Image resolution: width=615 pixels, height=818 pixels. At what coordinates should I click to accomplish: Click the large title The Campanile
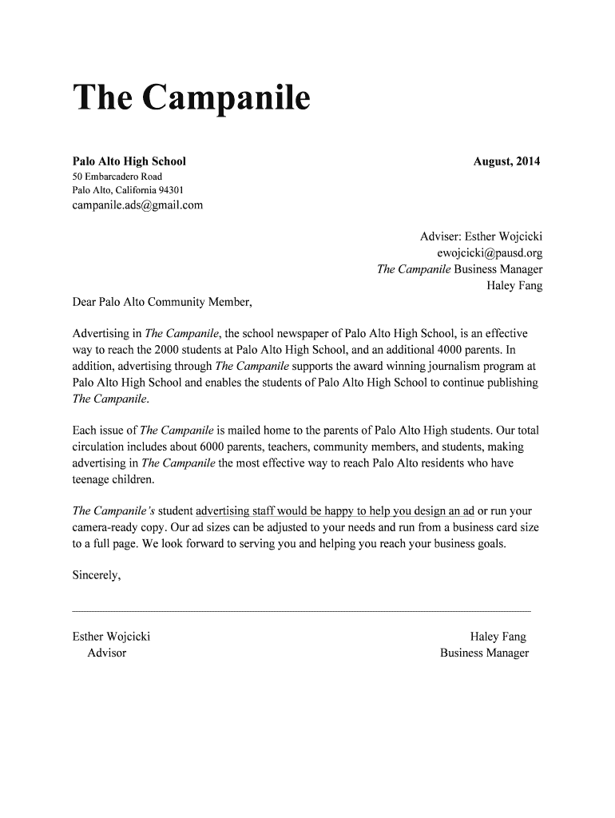[191, 100]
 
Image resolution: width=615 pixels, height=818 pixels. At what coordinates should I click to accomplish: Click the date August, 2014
[506, 161]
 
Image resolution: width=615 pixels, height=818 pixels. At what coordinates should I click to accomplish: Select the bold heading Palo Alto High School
[129, 161]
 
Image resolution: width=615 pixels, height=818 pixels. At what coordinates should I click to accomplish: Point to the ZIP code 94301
[171, 190]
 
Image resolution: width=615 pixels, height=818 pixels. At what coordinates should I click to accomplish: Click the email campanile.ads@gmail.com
[137, 205]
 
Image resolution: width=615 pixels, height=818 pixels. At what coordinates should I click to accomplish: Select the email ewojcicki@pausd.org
[490, 252]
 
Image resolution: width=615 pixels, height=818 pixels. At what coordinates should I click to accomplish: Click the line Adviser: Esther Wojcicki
[481, 237]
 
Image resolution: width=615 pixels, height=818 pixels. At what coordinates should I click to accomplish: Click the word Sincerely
[97, 574]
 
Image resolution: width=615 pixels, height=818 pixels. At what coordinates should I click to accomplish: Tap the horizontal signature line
[301, 610]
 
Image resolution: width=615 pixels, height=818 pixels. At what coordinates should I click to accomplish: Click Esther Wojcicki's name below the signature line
[111, 637]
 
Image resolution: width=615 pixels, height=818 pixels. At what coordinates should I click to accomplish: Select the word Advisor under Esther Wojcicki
[107, 653]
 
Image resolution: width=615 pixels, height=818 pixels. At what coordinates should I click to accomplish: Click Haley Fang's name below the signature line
[498, 637]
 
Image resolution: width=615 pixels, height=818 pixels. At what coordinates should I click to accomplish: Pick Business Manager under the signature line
[484, 653]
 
